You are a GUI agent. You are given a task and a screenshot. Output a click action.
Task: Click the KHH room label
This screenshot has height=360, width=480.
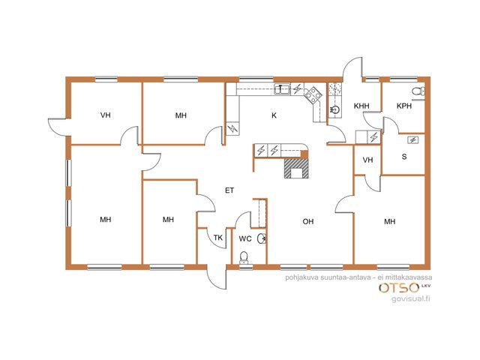pyautogui.click(x=361, y=106)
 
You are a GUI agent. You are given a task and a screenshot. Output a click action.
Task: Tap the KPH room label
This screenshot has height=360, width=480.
pyautogui.click(x=404, y=106)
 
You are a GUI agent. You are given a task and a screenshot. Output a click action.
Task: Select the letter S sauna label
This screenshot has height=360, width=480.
pyautogui.click(x=404, y=157)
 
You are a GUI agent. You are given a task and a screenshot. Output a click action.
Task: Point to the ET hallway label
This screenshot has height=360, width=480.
pyautogui.click(x=229, y=190)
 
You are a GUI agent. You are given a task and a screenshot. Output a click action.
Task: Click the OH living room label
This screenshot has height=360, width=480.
pyautogui.click(x=308, y=221)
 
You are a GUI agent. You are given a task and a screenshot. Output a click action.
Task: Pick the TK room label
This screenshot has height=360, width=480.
pyautogui.click(x=218, y=238)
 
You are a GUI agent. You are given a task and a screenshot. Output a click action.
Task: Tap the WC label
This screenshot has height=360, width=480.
pyautogui.click(x=245, y=238)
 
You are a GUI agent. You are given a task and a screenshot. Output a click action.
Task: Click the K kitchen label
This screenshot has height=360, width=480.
pyautogui.click(x=274, y=115)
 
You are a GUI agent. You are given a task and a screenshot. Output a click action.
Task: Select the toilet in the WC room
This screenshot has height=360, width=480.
pyautogui.click(x=244, y=257)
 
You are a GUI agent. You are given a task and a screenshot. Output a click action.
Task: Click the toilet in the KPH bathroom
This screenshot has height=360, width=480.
pyautogui.click(x=418, y=91)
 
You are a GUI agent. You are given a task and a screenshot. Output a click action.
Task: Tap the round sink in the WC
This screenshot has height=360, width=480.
pyautogui.click(x=262, y=238)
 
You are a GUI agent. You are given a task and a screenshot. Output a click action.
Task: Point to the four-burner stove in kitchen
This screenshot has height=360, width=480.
pyautogui.click(x=313, y=94)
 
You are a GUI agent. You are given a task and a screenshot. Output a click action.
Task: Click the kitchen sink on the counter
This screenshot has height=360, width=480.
pyautogui.click(x=282, y=89)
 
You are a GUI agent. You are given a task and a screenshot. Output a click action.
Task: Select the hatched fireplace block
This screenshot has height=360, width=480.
pyautogui.click(x=296, y=168)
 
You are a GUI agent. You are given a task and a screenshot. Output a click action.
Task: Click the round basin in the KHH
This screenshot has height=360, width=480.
pyautogui.click(x=335, y=109)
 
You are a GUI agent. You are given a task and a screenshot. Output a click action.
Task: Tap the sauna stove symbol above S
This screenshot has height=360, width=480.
pyautogui.click(x=413, y=140)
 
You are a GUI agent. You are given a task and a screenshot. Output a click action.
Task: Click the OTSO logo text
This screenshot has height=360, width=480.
pyautogui.click(x=399, y=288)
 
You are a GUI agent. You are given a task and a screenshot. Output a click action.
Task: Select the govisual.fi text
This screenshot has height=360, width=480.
pyautogui.click(x=411, y=298)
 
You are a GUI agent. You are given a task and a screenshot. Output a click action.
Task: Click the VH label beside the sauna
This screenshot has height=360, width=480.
pyautogui.click(x=367, y=160)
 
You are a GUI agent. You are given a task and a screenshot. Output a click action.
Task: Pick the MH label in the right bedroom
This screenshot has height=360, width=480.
pyautogui.click(x=390, y=221)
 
